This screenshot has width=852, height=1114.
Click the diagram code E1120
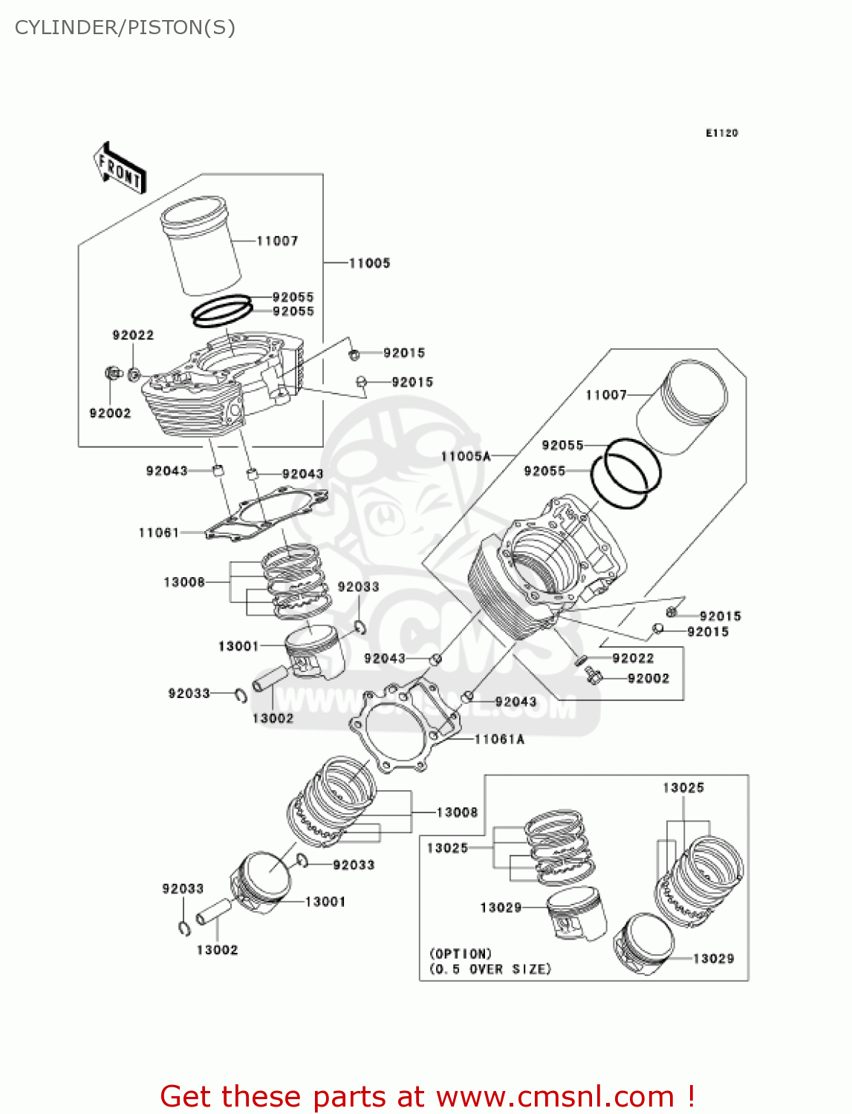click(x=721, y=133)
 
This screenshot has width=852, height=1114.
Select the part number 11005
click(x=369, y=263)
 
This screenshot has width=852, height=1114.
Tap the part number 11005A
click(x=466, y=456)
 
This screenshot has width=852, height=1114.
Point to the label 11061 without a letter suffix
click(x=159, y=532)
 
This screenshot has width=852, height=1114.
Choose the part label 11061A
click(x=499, y=739)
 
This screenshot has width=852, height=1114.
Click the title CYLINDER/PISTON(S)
click(x=125, y=27)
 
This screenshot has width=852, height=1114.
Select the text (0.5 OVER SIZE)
click(x=490, y=969)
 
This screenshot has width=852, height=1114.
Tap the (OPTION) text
click(x=461, y=954)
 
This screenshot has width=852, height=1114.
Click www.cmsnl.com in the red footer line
click(x=555, y=1097)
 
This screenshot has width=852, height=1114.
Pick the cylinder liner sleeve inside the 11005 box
click(x=201, y=245)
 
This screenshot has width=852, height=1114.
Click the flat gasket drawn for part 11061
click(x=267, y=512)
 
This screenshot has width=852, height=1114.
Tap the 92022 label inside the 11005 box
click(x=133, y=336)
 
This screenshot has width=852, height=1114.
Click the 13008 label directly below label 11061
click(x=184, y=582)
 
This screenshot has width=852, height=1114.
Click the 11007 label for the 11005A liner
click(x=606, y=395)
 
